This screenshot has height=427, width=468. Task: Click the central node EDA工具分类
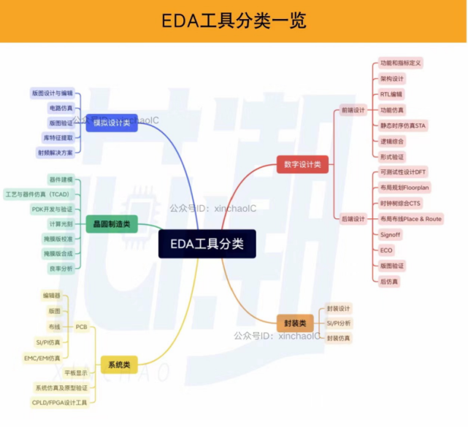click(x=207, y=244)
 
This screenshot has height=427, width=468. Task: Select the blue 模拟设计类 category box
click(x=111, y=123)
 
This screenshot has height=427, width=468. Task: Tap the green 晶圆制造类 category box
click(x=111, y=224)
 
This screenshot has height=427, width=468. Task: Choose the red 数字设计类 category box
click(x=302, y=164)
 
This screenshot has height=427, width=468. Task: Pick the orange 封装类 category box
click(x=296, y=323)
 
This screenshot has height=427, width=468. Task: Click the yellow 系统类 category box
click(x=120, y=363)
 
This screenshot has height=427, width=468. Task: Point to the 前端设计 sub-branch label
click(x=353, y=110)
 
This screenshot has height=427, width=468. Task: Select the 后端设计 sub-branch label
click(x=353, y=219)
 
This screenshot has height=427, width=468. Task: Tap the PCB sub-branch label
click(x=82, y=326)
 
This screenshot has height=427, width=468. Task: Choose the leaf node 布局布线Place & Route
click(x=411, y=219)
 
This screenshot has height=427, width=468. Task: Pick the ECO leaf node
click(x=387, y=250)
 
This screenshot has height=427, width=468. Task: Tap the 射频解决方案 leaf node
click(x=55, y=153)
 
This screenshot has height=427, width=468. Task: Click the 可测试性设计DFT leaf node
click(x=404, y=172)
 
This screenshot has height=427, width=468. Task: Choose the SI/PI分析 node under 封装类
click(x=339, y=323)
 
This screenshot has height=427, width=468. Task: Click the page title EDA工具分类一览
click(x=234, y=20)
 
